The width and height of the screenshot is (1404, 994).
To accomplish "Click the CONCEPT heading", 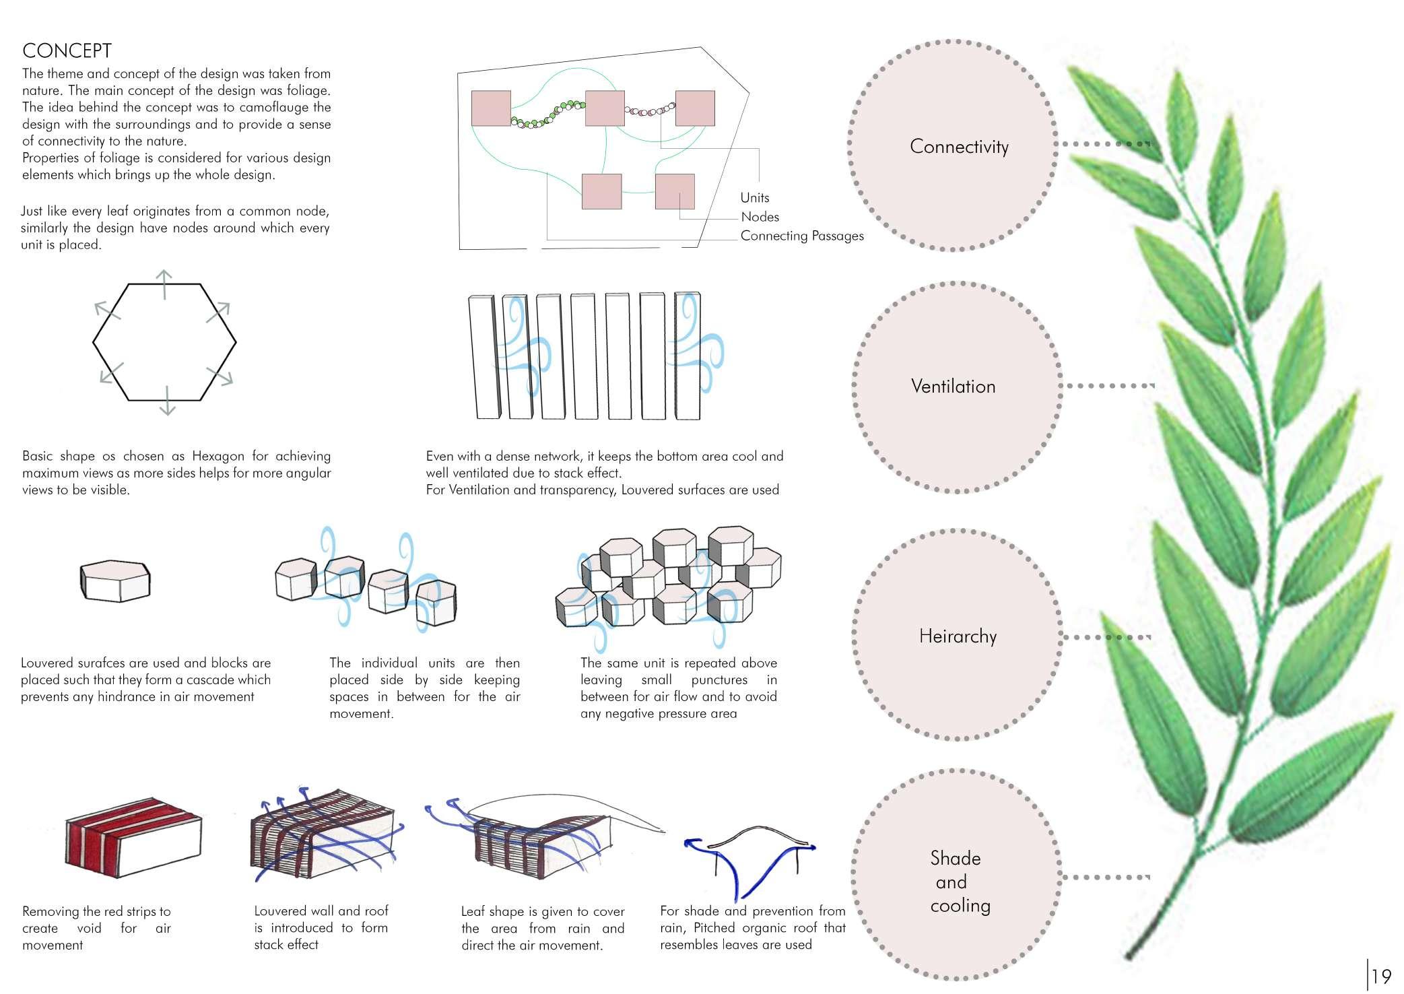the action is point(67,51).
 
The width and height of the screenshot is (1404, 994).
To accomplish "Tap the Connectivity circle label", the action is point(959,147).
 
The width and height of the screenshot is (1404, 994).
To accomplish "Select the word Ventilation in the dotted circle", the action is point(953,387).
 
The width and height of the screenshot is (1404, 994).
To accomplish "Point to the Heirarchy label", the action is point(958,636).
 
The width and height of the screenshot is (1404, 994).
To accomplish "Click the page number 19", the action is point(1381,976).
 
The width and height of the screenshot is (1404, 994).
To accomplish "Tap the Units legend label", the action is point(754,198).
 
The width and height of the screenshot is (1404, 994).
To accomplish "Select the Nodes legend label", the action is point(760,217).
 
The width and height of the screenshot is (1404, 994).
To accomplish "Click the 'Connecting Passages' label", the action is point(801,236).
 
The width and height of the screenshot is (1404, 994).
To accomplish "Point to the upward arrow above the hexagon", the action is point(164,282).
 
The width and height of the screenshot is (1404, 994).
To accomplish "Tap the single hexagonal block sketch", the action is point(115,581).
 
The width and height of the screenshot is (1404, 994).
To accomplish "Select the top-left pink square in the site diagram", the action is point(491,109).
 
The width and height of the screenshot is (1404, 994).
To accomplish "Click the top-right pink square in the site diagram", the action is point(694,108).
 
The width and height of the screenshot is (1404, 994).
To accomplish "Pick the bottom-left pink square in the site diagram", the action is point(601,191).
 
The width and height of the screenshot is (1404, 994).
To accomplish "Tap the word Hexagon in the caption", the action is point(218,456).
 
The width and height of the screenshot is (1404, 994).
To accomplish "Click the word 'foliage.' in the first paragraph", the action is point(309,90).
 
